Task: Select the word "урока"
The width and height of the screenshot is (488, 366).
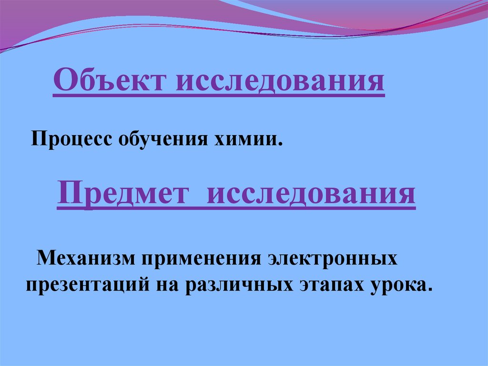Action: click(396, 285)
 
